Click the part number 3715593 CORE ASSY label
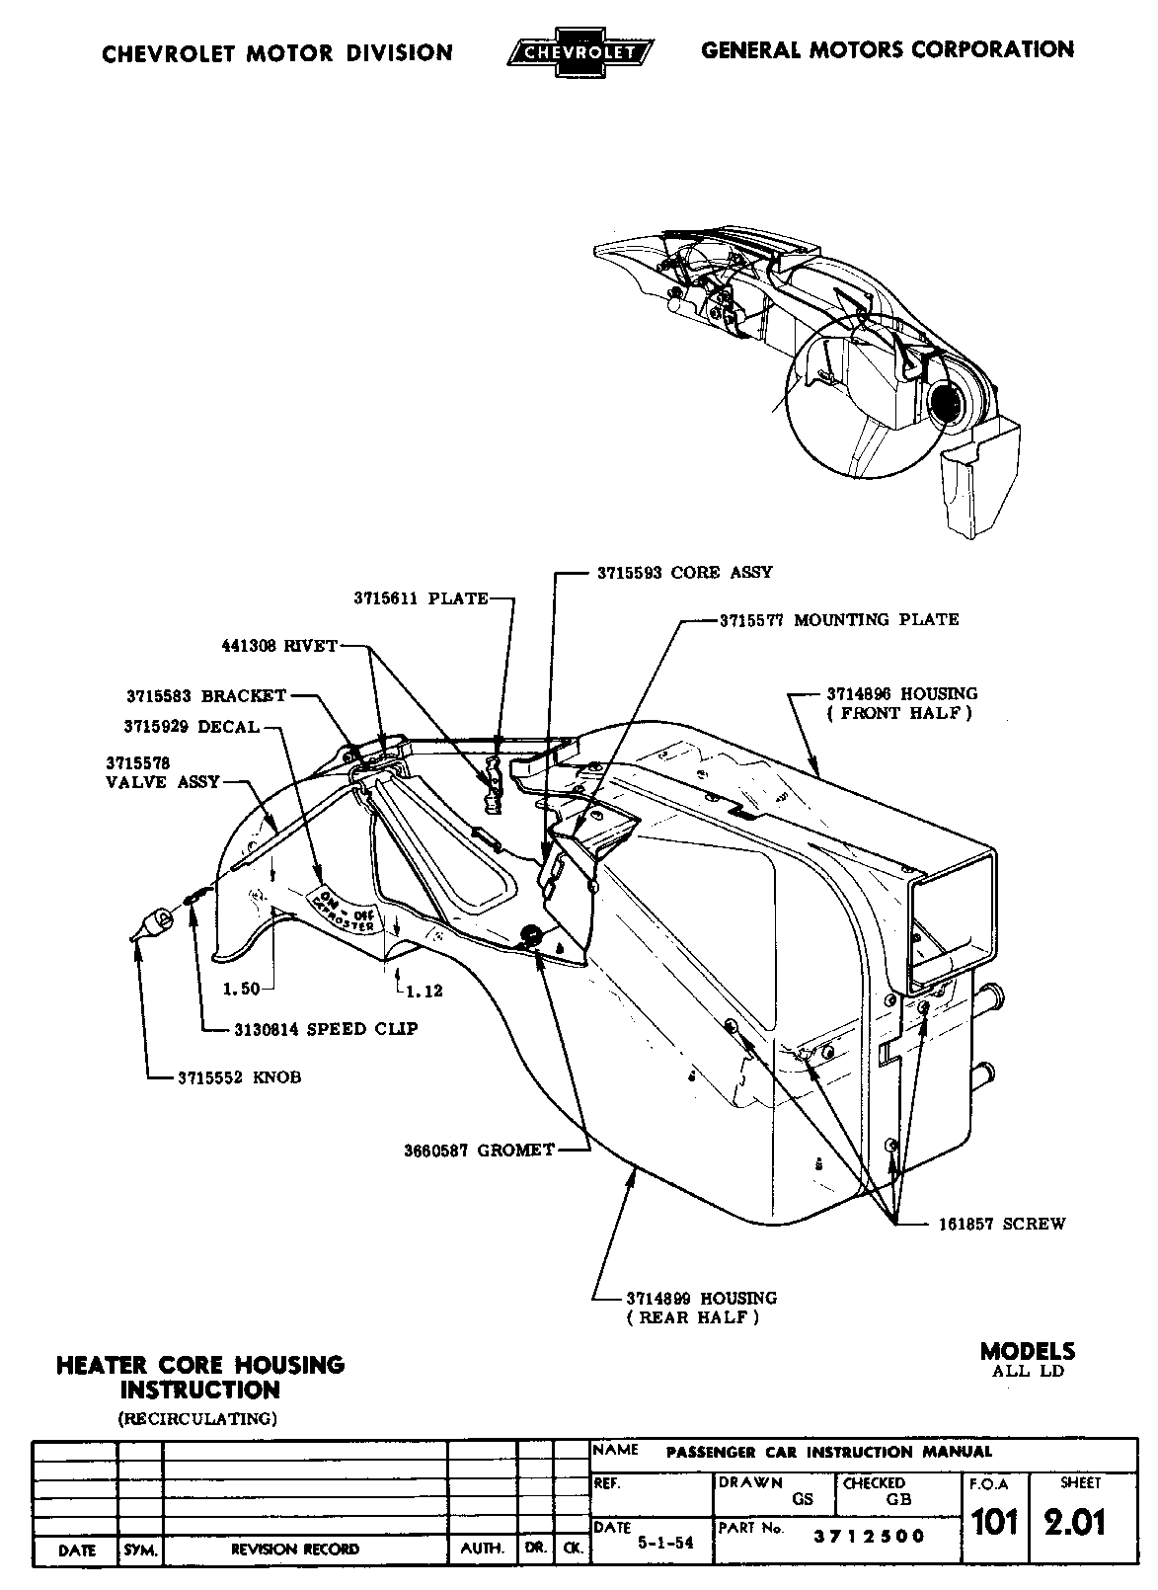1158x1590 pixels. [684, 573]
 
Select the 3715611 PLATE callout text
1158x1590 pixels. [421, 598]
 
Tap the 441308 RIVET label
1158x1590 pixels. [279, 646]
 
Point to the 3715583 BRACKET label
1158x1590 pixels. [205, 695]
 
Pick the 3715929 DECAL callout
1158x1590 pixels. [192, 727]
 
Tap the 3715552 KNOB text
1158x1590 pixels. [239, 1077]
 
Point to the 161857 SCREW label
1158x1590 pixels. [1001, 1224]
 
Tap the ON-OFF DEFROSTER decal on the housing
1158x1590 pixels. [345, 911]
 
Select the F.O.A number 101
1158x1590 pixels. [994, 1522]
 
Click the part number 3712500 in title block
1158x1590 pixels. [869, 1537]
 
